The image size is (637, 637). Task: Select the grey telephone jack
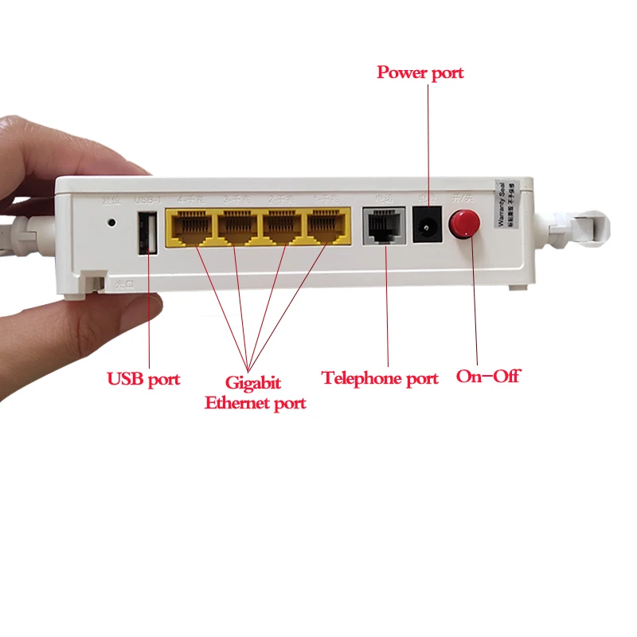tap(383, 227)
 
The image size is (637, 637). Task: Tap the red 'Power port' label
tap(420, 72)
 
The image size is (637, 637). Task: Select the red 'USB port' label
tap(143, 379)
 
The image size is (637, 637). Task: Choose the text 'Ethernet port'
tap(255, 403)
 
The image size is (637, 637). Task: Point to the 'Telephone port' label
tap(380, 378)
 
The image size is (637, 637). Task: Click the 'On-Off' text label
tap(487, 376)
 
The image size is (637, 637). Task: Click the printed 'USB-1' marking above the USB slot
tap(148, 199)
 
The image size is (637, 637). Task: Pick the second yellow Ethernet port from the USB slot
tap(236, 228)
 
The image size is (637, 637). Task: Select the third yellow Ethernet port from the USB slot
tap(282, 228)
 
